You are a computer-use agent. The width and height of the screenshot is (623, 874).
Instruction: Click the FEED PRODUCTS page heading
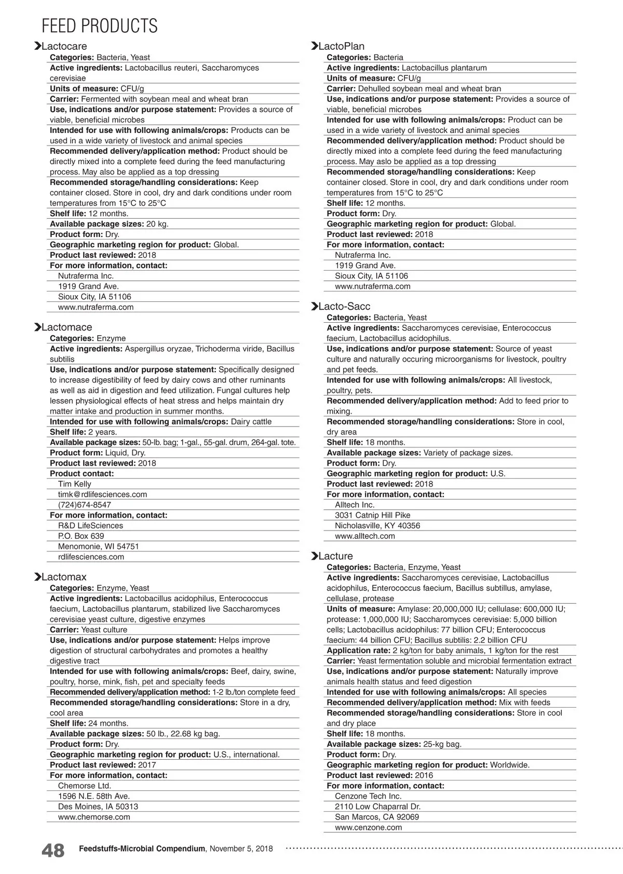click(x=99, y=25)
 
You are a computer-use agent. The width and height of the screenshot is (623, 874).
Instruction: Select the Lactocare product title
click(x=64, y=46)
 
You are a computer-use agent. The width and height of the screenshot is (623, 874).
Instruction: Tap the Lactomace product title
click(x=66, y=327)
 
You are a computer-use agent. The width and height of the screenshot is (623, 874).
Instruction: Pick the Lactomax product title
click(x=64, y=577)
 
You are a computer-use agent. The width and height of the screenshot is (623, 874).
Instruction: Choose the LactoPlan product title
click(x=341, y=46)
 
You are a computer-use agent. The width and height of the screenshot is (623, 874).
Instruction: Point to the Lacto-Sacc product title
click(x=344, y=307)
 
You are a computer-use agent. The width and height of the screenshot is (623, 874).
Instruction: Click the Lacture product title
click(x=335, y=556)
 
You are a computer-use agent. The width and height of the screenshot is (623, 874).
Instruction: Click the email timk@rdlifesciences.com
click(x=102, y=494)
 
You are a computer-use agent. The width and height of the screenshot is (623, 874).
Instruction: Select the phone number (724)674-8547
click(x=84, y=505)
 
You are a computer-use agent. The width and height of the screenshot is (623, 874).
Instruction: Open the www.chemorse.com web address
click(x=94, y=817)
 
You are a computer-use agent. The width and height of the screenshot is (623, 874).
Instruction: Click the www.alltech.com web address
click(x=364, y=536)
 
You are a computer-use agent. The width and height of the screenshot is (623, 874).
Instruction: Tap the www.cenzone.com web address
click(x=368, y=827)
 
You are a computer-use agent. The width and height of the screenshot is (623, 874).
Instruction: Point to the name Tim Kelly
click(x=74, y=484)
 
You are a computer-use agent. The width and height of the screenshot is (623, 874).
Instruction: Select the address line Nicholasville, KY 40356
click(x=377, y=525)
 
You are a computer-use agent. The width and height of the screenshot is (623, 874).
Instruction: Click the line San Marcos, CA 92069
click(x=376, y=817)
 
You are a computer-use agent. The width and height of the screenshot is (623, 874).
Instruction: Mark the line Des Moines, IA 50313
click(x=98, y=806)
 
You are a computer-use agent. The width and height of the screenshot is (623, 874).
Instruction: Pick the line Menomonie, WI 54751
click(x=98, y=546)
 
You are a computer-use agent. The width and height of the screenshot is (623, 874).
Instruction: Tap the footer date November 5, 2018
click(x=241, y=849)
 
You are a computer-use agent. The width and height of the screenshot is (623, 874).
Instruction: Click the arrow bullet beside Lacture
click(x=314, y=556)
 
